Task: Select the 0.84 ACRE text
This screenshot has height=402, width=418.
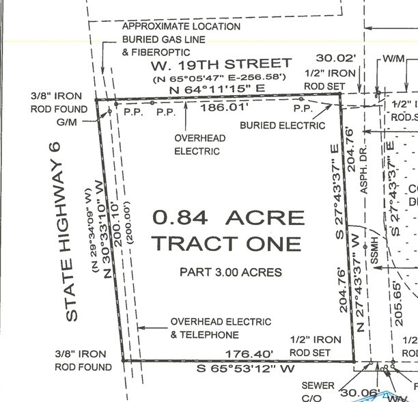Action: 228,218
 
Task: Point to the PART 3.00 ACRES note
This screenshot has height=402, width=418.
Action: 230,272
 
